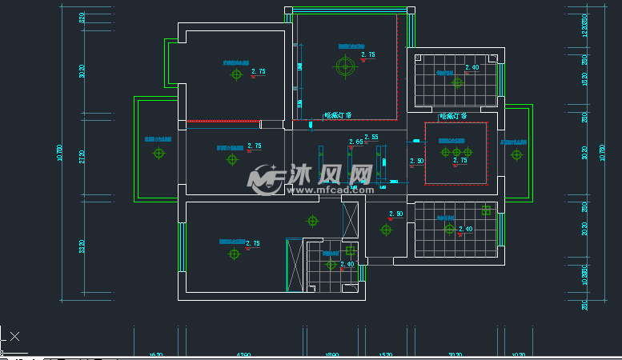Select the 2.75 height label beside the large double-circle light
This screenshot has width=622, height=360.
tap(368, 55)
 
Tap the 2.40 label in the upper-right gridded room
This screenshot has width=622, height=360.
tap(472, 68)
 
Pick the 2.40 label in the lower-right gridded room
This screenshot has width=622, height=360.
tap(464, 230)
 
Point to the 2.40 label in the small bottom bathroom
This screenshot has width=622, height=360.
tap(347, 264)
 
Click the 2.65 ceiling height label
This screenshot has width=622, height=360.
tap(355, 142)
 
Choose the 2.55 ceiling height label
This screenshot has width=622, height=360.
tap(371, 137)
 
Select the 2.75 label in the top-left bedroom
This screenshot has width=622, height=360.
tap(258, 72)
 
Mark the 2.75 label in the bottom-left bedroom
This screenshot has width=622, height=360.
tap(252, 243)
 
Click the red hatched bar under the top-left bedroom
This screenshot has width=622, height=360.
tap(223, 122)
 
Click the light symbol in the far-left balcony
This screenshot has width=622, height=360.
tap(159, 153)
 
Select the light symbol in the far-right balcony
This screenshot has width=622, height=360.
tap(516, 154)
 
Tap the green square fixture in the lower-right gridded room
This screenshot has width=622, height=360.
tap(486, 211)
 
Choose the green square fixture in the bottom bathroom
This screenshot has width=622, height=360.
tap(351, 250)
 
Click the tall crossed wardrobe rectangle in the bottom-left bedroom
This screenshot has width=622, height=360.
tap(295, 265)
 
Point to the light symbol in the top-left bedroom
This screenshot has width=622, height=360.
tap(235, 75)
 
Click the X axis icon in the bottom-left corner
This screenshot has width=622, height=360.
tap(14, 336)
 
